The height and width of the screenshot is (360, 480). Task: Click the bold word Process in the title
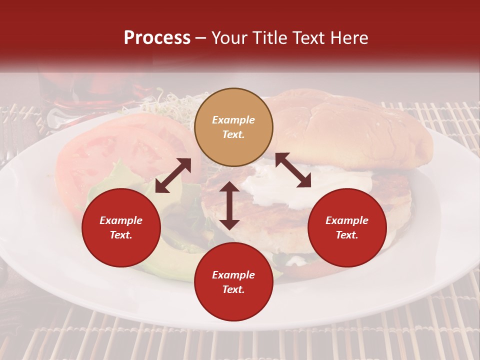pyautogui.click(x=157, y=38)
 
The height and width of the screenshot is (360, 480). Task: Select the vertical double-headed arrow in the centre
pyautogui.click(x=229, y=205)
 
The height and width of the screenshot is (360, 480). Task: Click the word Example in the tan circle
pyautogui.click(x=233, y=120)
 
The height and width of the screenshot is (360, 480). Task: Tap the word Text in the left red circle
pyautogui.click(x=121, y=235)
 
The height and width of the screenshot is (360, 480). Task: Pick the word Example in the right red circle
pyautogui.click(x=347, y=220)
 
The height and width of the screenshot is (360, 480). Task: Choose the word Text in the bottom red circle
pyautogui.click(x=233, y=289)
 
